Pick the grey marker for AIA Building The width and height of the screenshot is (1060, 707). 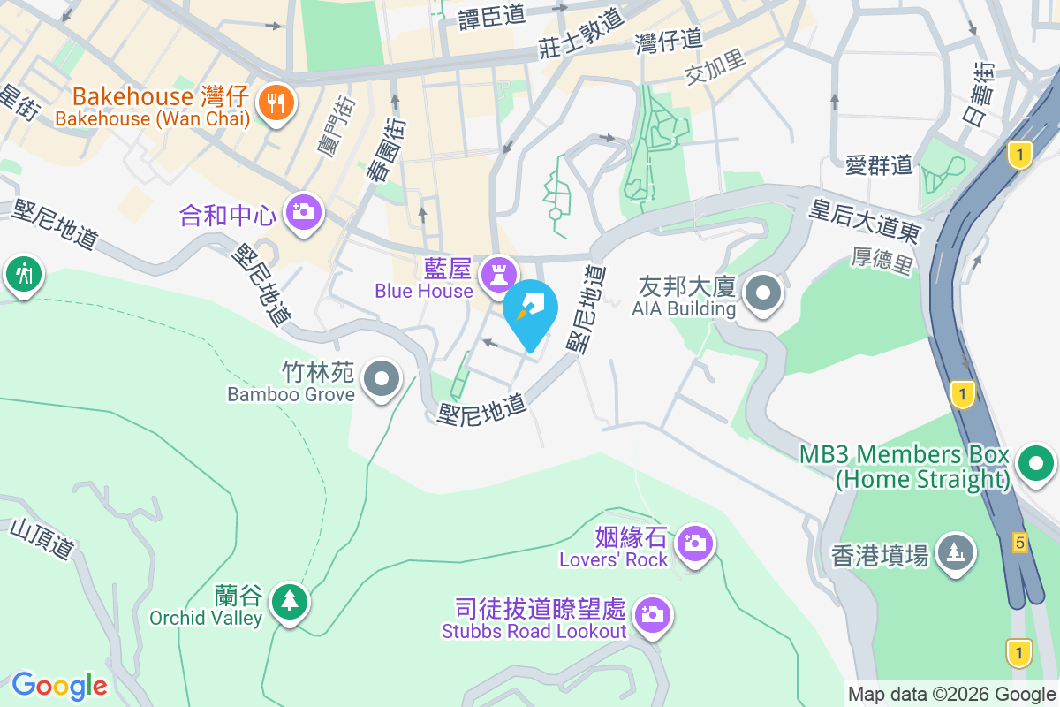763,293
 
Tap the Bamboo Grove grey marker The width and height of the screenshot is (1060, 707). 382,379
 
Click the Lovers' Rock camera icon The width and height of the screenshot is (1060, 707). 695,543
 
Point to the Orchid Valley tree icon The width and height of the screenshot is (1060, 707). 289,602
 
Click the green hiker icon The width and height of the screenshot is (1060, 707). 23,274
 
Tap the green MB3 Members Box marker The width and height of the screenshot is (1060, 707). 1035,463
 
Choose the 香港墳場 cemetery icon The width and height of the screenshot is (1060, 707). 955,552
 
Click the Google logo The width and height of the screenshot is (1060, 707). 59,685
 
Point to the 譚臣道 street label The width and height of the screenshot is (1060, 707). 492,18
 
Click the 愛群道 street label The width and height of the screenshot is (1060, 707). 878,164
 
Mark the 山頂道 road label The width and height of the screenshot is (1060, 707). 42,538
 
